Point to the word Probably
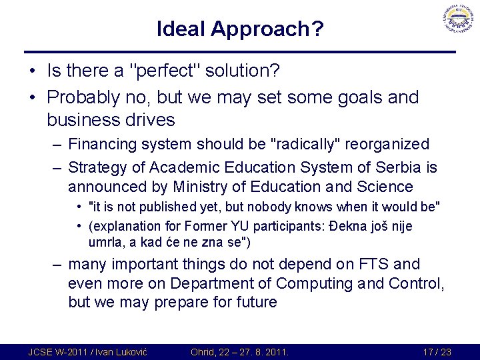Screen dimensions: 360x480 pyautogui.click(x=84, y=97)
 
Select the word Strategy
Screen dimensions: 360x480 pyautogui.click(x=106, y=167)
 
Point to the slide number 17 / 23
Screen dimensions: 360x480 pyautogui.click(x=437, y=351)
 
